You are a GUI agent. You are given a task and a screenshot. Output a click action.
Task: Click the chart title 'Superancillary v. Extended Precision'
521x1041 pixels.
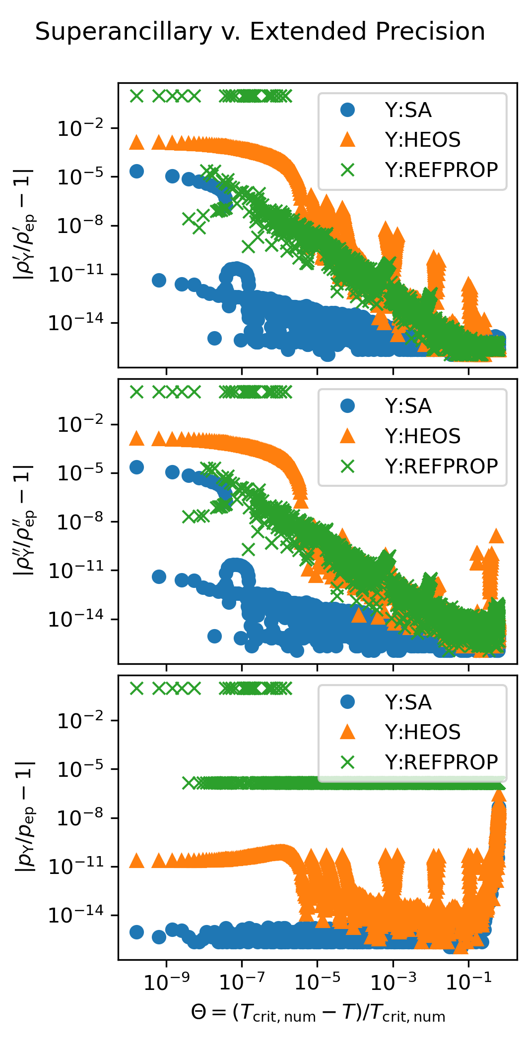coord(260,32)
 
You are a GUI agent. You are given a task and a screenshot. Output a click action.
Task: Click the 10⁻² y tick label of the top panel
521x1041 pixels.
coord(81,129)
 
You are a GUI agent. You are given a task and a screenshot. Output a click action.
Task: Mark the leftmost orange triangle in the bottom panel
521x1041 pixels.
coord(136,861)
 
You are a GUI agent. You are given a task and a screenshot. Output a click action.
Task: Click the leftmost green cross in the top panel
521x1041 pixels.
coord(136,96)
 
